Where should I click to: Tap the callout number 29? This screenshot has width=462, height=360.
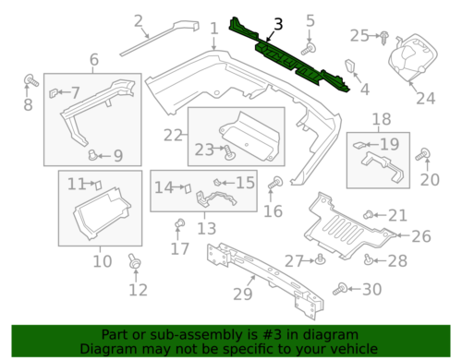coord(243,294)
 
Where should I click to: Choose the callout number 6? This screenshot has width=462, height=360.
coord(93,61)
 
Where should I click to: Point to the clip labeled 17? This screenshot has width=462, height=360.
coord(181,223)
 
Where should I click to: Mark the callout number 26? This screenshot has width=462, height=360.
coord(420,236)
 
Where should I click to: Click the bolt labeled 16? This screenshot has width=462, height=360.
coord(274,188)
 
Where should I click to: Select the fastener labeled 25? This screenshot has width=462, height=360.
coord(382,36)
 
